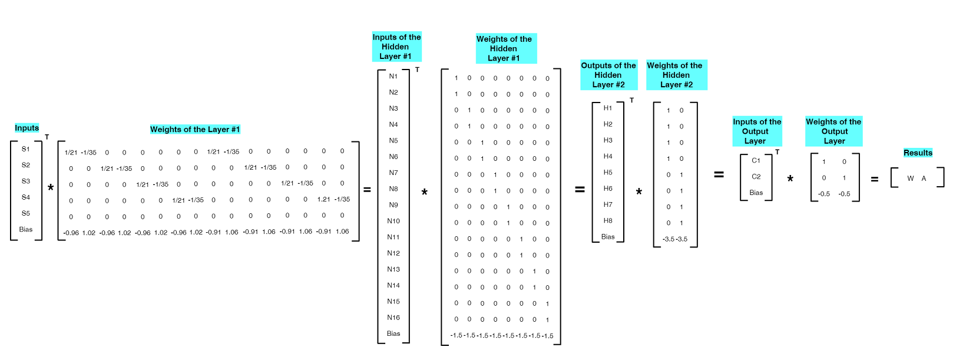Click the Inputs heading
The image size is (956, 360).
[27, 128]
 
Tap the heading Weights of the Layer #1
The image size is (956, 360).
[195, 130]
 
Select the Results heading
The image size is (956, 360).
[918, 153]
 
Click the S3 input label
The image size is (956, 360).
[26, 181]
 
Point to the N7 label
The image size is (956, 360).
[393, 173]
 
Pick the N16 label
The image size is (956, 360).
[393, 318]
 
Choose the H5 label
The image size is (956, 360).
[608, 173]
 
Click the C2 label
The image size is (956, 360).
[756, 177]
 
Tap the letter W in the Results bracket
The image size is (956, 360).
[911, 179]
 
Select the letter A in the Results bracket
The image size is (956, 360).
[924, 179]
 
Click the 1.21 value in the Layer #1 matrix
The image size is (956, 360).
[323, 199]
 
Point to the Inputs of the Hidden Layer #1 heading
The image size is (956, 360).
[396, 47]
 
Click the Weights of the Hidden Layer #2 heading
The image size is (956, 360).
[676, 75]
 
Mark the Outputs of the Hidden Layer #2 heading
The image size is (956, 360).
[608, 75]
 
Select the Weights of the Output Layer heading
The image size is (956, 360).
[833, 131]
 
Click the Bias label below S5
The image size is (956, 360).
[26, 229]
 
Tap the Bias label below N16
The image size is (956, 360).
[393, 333]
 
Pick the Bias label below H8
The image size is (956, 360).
[608, 237]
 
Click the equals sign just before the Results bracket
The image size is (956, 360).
[875, 179]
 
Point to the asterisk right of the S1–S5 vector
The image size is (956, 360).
[51, 188]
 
